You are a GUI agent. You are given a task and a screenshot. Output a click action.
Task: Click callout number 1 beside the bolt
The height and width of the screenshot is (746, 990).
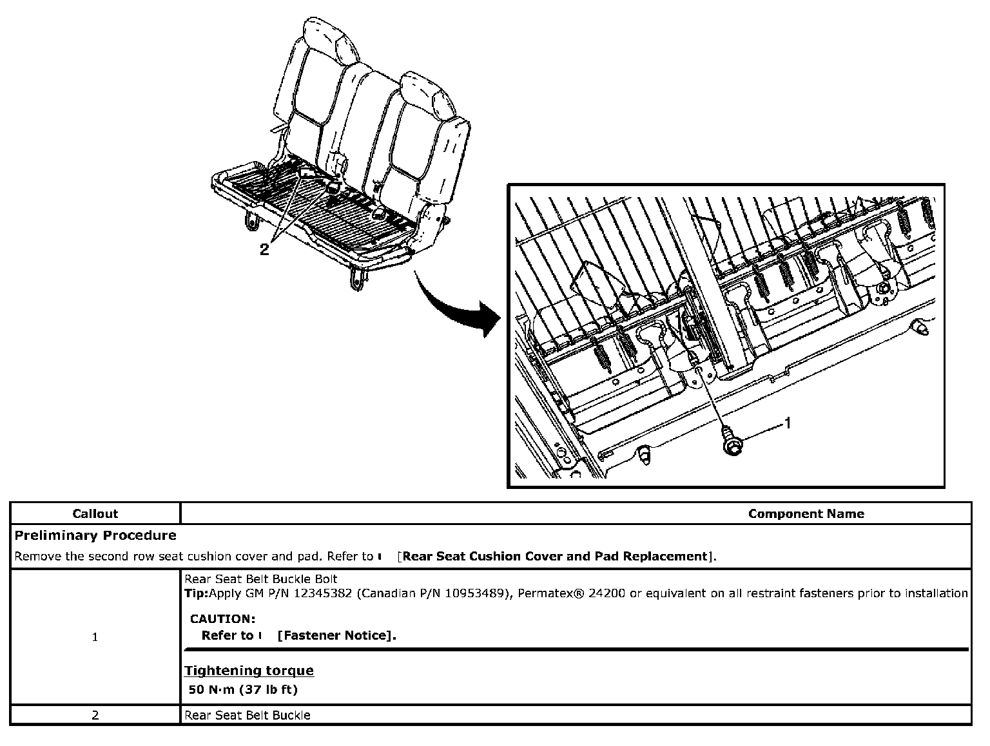pos(787,423)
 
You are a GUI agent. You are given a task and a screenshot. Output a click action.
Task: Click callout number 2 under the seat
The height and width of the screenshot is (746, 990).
pos(264,250)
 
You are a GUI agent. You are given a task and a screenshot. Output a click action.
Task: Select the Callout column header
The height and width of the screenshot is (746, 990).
pos(95,513)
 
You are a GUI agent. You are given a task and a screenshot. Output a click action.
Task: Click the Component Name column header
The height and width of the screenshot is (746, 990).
pos(806,513)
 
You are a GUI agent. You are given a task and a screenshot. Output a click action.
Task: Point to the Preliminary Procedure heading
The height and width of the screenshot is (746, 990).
pos(95,535)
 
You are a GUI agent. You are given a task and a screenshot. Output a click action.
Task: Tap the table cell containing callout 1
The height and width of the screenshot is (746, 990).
pos(95,637)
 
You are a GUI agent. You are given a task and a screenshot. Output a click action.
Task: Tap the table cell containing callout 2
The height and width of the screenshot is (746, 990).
pos(95,715)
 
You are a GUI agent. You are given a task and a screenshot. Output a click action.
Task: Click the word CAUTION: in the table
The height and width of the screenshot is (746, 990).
pos(222,619)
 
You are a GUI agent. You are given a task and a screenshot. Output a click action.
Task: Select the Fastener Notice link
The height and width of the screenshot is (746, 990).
pos(336,636)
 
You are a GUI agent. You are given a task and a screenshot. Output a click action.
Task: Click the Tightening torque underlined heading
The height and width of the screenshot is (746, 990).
pos(249,671)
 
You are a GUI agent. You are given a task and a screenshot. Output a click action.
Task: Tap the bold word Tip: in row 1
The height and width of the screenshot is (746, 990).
pos(197,593)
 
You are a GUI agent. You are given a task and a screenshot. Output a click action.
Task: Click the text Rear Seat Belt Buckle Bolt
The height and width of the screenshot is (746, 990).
pos(261,579)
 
